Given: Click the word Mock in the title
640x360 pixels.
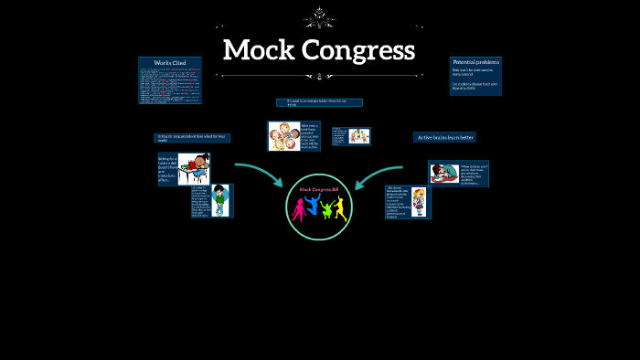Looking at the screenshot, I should (259, 49).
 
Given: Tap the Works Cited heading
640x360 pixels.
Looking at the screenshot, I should (170, 62).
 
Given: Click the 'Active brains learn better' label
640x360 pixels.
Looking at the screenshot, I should (444, 137).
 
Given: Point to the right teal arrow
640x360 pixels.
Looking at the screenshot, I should (379, 173).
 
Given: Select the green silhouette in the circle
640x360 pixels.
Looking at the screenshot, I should (326, 208).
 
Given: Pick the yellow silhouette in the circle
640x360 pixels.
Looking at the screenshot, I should (340, 207).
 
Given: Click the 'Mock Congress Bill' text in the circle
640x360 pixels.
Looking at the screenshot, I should (319, 189).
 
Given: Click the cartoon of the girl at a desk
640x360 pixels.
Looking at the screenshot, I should (194, 168).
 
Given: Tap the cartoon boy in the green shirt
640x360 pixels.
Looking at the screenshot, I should (221, 200).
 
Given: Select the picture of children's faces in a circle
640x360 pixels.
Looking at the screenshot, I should (283, 135).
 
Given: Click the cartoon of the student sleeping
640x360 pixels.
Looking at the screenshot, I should (445, 173).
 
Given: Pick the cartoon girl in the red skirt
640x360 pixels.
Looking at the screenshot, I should (420, 201).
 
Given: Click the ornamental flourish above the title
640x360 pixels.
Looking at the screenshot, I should (319, 17).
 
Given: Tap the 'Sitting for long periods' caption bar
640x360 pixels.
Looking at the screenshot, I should (192, 138).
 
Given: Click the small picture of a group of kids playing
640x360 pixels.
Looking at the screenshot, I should (358, 136).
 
